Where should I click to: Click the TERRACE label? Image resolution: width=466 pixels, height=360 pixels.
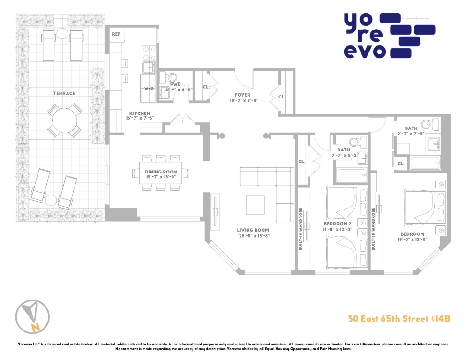tap(64, 93)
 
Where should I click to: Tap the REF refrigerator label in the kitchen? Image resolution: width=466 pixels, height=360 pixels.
tap(116, 34)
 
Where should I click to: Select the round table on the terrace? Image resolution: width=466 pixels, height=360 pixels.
tap(65, 120)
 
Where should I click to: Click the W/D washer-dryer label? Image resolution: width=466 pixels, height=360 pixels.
tap(149, 88)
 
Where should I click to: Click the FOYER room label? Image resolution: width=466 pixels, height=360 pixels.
tap(242, 95)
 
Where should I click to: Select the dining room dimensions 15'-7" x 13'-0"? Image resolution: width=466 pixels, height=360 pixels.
tap(161, 177)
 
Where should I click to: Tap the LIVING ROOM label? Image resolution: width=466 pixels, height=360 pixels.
tap(253, 230)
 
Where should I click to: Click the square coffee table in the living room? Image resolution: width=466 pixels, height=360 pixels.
tap(256, 205)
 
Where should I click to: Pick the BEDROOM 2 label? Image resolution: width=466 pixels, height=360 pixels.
tap(338, 224)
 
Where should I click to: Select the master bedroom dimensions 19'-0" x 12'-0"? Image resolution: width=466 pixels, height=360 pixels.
tap(412, 240)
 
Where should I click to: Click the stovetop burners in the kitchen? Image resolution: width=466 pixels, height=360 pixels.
tap(149, 53)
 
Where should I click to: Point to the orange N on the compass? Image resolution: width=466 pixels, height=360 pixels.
tap(36, 327)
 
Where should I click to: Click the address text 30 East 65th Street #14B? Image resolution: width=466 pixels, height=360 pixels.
tap(399, 319)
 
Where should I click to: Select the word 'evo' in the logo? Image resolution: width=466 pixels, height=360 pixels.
tap(365, 52)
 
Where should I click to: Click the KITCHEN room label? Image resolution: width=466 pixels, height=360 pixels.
tap(140, 113)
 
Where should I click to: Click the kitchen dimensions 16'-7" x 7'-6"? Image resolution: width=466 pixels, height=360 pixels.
tap(140, 118)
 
